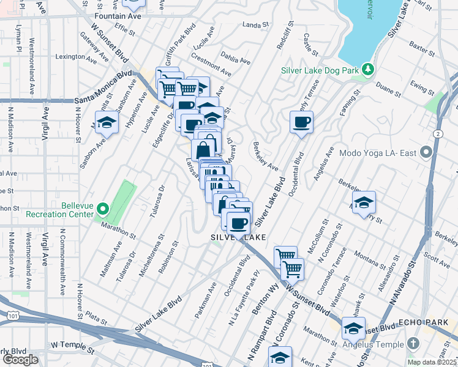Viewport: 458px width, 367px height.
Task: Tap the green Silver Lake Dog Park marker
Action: click(367, 69)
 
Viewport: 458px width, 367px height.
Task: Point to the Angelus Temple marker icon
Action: click(414, 344)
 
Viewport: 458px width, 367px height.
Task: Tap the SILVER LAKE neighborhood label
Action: click(239, 237)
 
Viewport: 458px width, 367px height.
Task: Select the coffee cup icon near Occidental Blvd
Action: click(301, 122)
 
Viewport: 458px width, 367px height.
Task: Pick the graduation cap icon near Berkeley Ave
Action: click(364, 202)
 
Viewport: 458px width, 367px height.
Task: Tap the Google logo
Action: click(20, 360)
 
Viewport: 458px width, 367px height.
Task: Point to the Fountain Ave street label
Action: click(118, 16)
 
